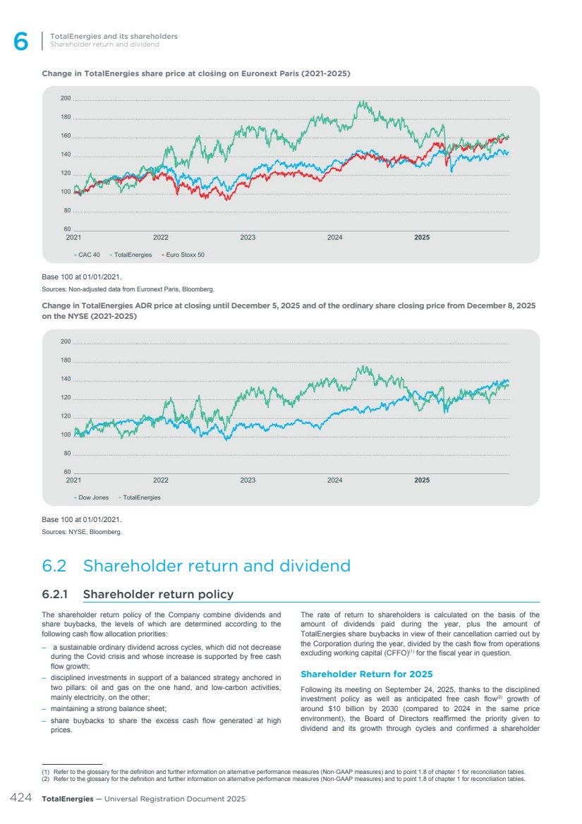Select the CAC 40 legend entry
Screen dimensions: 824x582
pyautogui.click(x=89, y=255)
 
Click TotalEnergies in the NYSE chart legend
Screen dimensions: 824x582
pyautogui.click(x=141, y=497)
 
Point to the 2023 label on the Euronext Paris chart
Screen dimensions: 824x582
pyautogui.click(x=248, y=238)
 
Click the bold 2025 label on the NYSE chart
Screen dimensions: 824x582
pyautogui.click(x=422, y=480)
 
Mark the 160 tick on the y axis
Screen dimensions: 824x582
pyautogui.click(x=66, y=137)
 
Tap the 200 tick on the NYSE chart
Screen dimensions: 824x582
pyautogui.click(x=66, y=342)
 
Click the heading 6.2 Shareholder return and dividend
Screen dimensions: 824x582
pyautogui.click(x=196, y=566)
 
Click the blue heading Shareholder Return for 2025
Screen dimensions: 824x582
pyautogui.click(x=366, y=674)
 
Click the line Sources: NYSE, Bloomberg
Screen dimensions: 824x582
pyautogui.click(x=82, y=532)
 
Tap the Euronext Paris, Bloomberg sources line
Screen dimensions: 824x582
pyautogui.click(x=128, y=289)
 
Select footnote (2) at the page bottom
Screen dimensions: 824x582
pyautogui.click(x=283, y=780)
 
